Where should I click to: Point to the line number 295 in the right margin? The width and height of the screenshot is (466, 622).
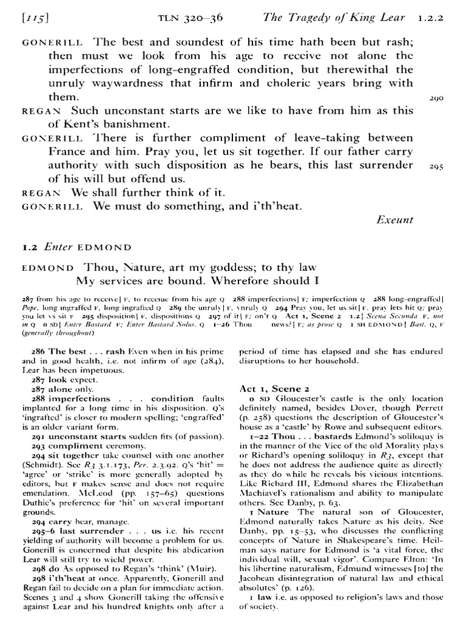pos(435,166)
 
